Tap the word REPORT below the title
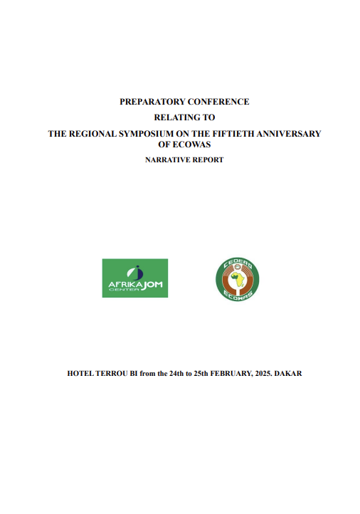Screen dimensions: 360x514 (x=206, y=159)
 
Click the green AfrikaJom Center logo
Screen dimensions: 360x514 (x=135, y=278)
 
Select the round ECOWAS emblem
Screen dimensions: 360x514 (x=238, y=278)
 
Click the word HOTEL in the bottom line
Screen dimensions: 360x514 (x=80, y=373)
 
